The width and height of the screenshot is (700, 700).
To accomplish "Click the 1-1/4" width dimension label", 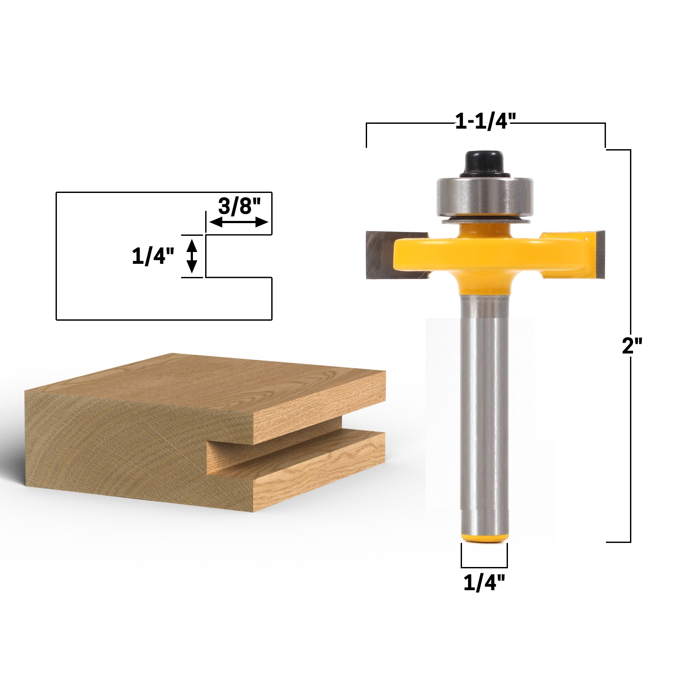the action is click(486, 121).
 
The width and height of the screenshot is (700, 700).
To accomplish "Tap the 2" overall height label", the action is click(632, 346).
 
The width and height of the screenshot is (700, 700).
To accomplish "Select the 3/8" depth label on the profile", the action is click(239, 206).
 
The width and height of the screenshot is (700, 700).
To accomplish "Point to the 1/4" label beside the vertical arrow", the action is click(153, 256).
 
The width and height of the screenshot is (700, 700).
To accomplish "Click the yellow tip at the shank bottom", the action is click(484, 538).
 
